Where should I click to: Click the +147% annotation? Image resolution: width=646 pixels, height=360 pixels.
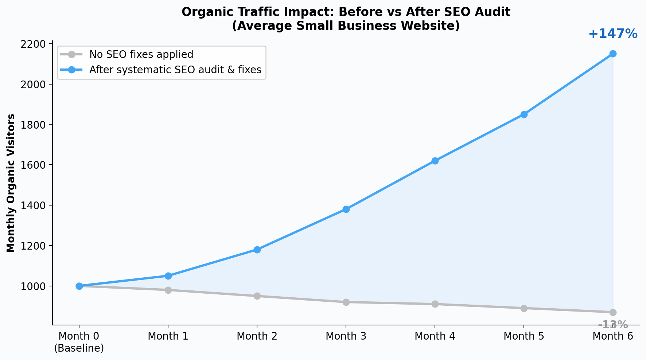click(x=613, y=34)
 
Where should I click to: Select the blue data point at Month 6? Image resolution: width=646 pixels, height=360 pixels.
click(x=613, y=54)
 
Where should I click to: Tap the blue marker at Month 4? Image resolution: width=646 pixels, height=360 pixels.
click(x=435, y=161)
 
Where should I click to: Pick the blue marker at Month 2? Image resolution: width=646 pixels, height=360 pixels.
click(x=257, y=250)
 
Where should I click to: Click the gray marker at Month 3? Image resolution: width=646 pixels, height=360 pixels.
click(x=346, y=302)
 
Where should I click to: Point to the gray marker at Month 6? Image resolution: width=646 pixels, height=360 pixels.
click(x=613, y=312)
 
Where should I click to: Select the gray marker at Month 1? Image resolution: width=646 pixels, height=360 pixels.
click(x=168, y=290)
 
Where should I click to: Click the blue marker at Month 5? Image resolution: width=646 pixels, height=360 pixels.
click(x=524, y=114)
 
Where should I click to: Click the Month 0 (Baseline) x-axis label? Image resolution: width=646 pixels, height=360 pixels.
click(x=79, y=342)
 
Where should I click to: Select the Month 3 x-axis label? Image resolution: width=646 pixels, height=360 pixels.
click(x=346, y=336)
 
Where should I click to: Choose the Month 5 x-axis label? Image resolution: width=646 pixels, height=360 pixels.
click(x=524, y=336)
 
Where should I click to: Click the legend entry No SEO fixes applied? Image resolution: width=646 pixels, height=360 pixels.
click(x=141, y=55)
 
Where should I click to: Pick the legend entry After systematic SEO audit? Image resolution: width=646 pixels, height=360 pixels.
click(x=175, y=70)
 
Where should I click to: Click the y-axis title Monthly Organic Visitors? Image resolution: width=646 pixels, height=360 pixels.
click(x=11, y=183)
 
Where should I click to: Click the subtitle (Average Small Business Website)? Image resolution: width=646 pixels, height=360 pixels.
click(x=346, y=26)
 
